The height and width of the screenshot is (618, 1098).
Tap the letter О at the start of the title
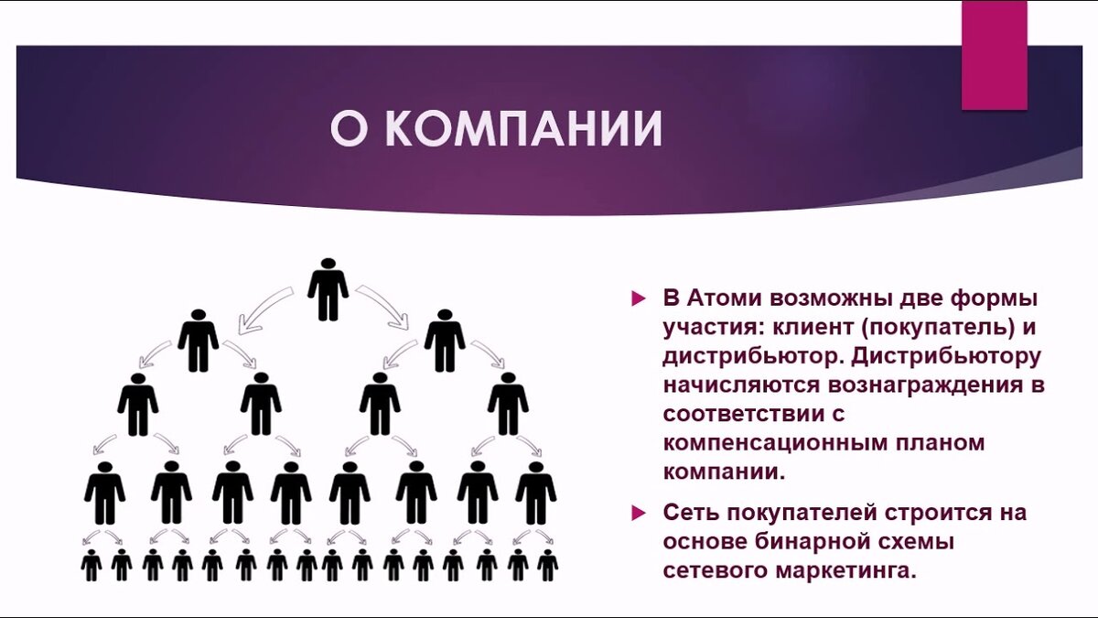click(x=348, y=130)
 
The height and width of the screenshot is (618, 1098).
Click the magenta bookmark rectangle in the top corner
click(x=994, y=55)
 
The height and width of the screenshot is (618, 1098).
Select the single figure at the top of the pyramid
click(x=328, y=289)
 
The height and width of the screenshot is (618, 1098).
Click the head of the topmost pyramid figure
click(x=328, y=265)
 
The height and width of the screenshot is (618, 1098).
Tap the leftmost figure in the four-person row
click(x=137, y=404)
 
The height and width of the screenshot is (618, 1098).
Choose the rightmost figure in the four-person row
click(x=508, y=404)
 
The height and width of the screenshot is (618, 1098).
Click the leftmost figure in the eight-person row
click(x=105, y=493)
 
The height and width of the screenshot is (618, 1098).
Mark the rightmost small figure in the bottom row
click(x=547, y=565)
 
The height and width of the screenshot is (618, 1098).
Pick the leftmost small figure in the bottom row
click(x=91, y=565)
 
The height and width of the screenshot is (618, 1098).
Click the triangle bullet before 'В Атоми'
click(x=639, y=299)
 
